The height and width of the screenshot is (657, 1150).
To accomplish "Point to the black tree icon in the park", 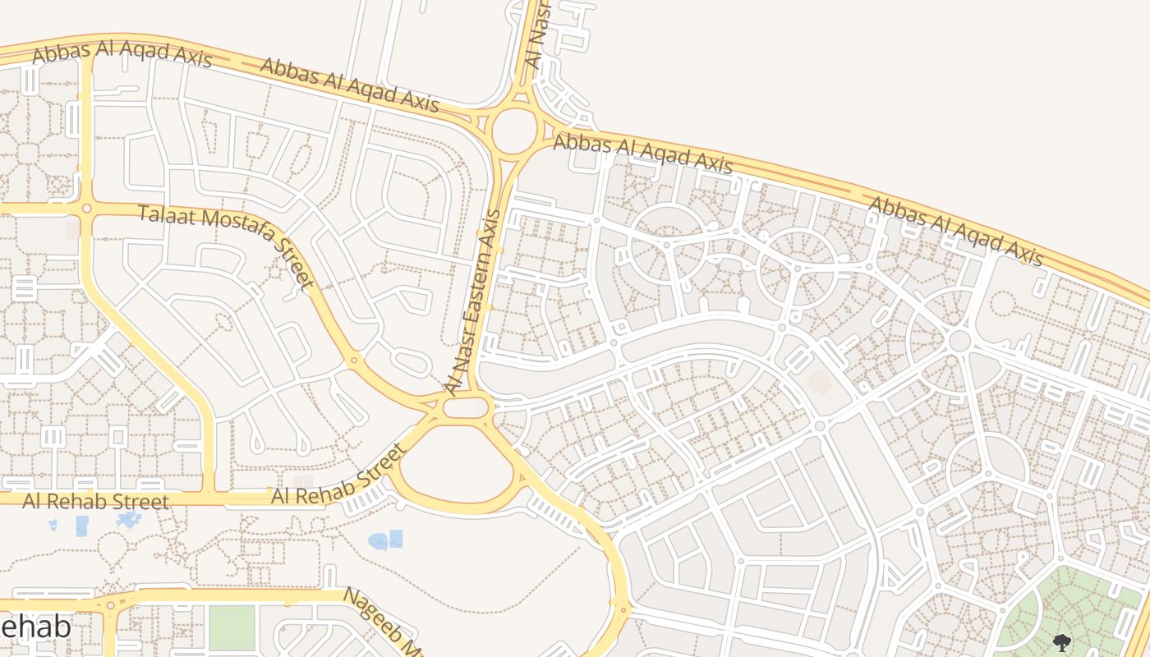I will [x=1061, y=642].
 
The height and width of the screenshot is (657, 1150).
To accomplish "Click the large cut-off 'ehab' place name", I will [x=34, y=627].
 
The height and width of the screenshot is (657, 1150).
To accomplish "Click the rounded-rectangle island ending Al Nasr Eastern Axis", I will [x=467, y=407].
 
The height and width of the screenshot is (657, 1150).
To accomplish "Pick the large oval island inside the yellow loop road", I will [x=457, y=464].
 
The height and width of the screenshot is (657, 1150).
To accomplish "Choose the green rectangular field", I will [x=232, y=627].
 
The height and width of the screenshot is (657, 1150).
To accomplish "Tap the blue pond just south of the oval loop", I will [x=386, y=540].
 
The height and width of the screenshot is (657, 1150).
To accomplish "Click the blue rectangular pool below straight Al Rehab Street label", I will [x=82, y=526].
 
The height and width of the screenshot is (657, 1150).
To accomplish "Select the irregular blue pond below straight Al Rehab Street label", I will [x=128, y=519].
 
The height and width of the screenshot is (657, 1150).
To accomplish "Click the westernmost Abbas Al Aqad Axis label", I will [x=122, y=53].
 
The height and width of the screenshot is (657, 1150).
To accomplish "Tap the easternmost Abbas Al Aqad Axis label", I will [x=955, y=231].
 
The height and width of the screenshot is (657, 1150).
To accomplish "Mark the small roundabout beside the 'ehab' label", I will [x=110, y=606].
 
